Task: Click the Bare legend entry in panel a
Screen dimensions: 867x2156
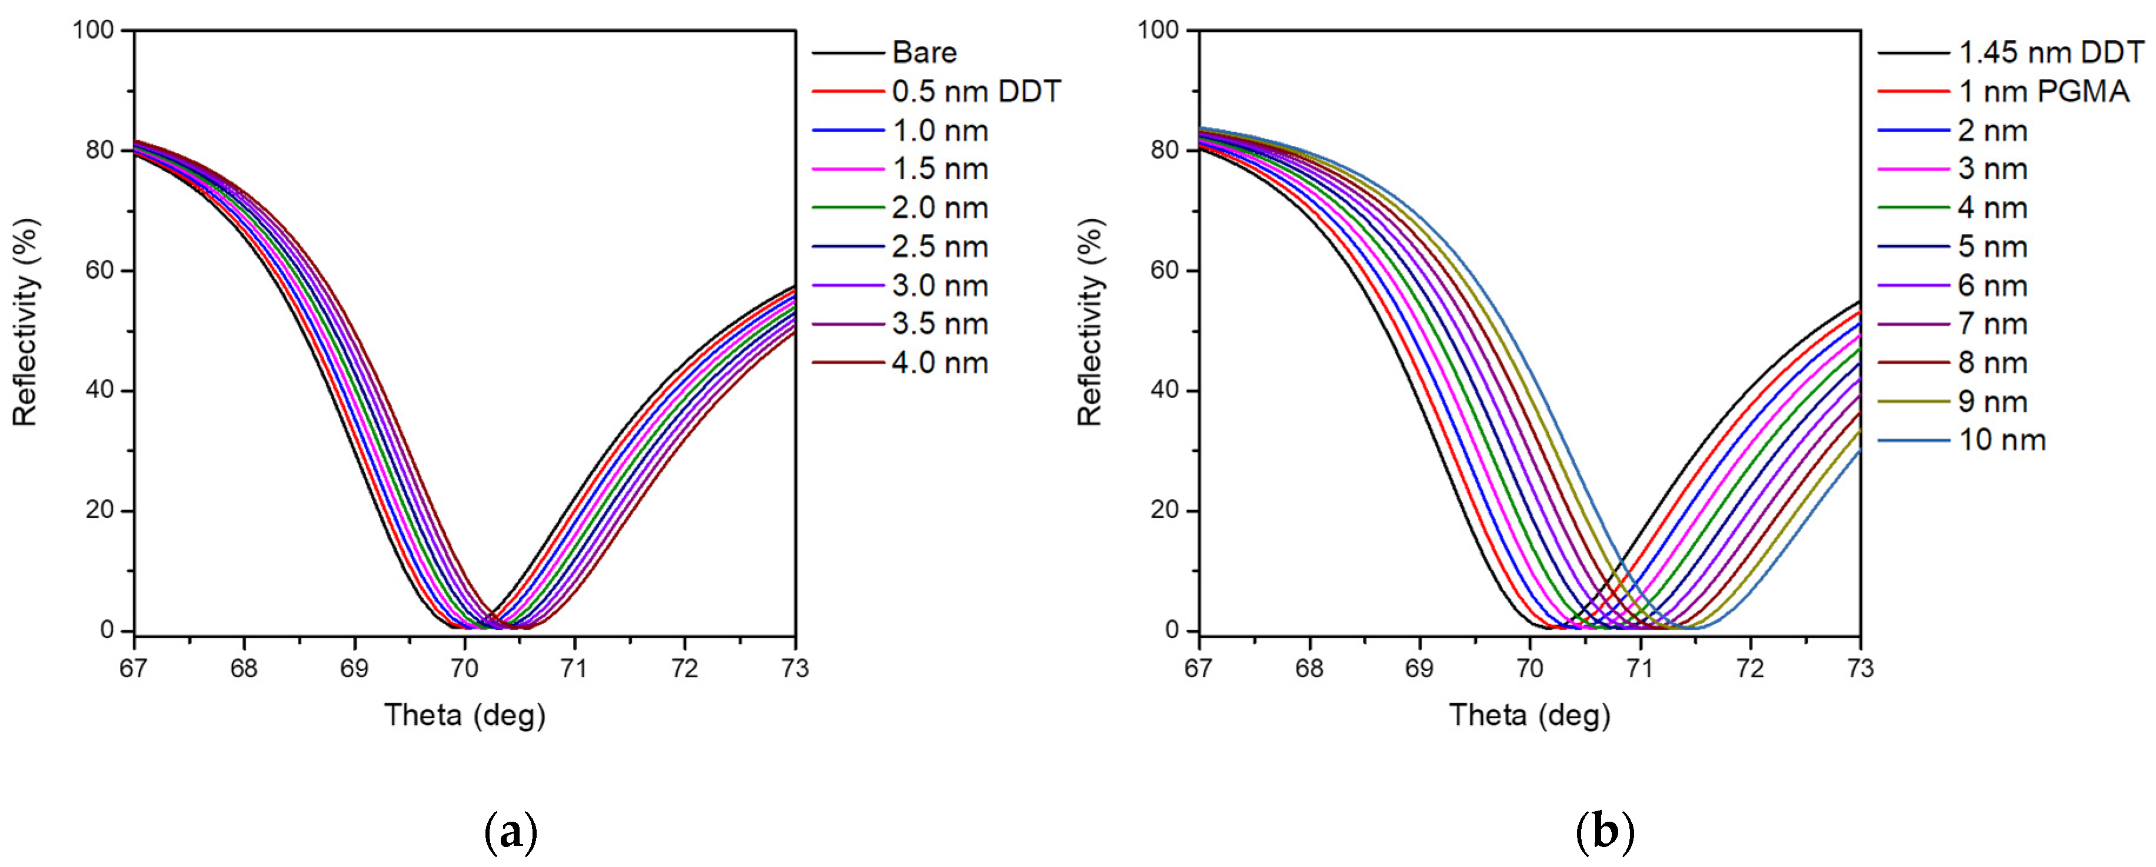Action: [x=924, y=53]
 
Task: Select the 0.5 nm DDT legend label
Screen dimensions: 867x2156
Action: [x=976, y=91]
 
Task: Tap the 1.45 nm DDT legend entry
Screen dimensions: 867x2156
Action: [x=2051, y=53]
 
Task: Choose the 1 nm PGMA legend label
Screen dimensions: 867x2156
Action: [x=2043, y=91]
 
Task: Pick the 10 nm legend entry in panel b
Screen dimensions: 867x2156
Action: [x=2002, y=440]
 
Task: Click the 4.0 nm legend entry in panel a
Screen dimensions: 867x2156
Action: [x=940, y=363]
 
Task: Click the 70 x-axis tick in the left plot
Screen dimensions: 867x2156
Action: [x=464, y=669]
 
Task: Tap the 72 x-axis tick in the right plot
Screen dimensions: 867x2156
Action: [x=1750, y=669]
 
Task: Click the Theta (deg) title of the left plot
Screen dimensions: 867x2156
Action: [x=464, y=715]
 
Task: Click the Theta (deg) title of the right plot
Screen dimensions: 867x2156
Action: [x=1529, y=715]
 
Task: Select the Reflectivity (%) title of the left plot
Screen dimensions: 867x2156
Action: [x=26, y=322]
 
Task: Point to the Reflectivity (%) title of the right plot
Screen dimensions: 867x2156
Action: [x=1090, y=322]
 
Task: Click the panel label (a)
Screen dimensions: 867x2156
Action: [x=511, y=833]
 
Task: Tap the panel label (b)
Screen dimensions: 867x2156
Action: [x=1605, y=833]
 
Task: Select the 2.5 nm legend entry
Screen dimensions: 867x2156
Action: [x=940, y=247]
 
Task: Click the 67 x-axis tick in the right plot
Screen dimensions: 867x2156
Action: [x=1199, y=669]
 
